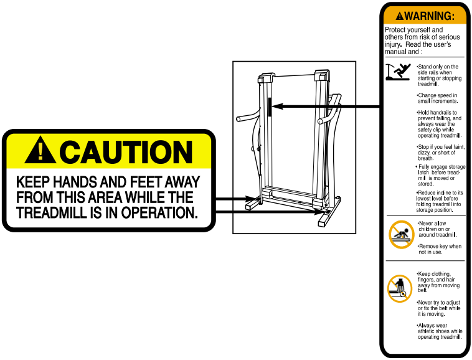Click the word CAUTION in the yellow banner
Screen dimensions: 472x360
click(126, 152)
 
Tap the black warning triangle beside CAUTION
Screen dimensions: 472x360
click(40, 150)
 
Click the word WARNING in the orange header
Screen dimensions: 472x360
click(429, 16)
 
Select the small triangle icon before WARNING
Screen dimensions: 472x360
click(399, 16)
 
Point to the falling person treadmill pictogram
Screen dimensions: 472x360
click(398, 72)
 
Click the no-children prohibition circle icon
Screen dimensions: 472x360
click(401, 234)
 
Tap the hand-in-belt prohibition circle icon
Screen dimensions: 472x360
click(399, 288)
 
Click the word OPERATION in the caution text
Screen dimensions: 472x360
click(159, 212)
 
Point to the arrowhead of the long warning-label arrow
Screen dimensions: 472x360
click(277, 107)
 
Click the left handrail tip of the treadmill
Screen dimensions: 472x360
click(238, 118)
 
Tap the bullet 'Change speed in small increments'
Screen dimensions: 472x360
click(437, 98)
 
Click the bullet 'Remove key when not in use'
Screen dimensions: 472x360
click(440, 249)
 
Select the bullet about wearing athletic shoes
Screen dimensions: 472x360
click(440, 331)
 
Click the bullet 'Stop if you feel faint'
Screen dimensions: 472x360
click(441, 153)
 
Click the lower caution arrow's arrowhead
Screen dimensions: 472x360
click(319, 212)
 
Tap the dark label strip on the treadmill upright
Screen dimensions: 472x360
click(270, 107)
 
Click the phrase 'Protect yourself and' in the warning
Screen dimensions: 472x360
click(414, 30)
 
